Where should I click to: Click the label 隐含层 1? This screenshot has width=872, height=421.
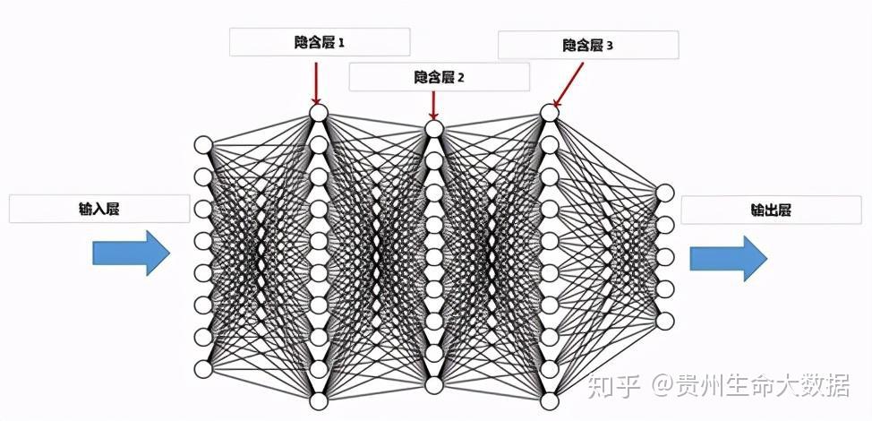320,42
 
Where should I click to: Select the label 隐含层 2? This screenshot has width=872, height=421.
439,77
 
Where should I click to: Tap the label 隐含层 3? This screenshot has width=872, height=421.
588,45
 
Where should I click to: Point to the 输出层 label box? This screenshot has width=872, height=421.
771,210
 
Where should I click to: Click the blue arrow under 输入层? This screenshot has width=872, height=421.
131,253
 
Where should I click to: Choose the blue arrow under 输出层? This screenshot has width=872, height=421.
728,259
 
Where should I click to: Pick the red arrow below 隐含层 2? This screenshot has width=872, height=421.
433,105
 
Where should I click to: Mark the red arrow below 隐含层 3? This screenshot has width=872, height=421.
564,90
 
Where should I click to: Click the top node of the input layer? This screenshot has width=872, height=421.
203,145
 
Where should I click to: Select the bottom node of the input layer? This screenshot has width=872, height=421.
203,368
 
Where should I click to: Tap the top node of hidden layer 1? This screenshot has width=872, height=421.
318,114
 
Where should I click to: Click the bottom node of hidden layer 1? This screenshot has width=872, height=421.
318,400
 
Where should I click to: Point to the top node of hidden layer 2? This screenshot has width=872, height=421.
434,129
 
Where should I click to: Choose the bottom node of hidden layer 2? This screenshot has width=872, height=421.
434,385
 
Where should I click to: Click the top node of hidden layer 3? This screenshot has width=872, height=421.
550,114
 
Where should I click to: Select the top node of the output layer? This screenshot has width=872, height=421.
664,193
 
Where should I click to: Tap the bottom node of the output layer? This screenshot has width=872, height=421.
664,321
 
